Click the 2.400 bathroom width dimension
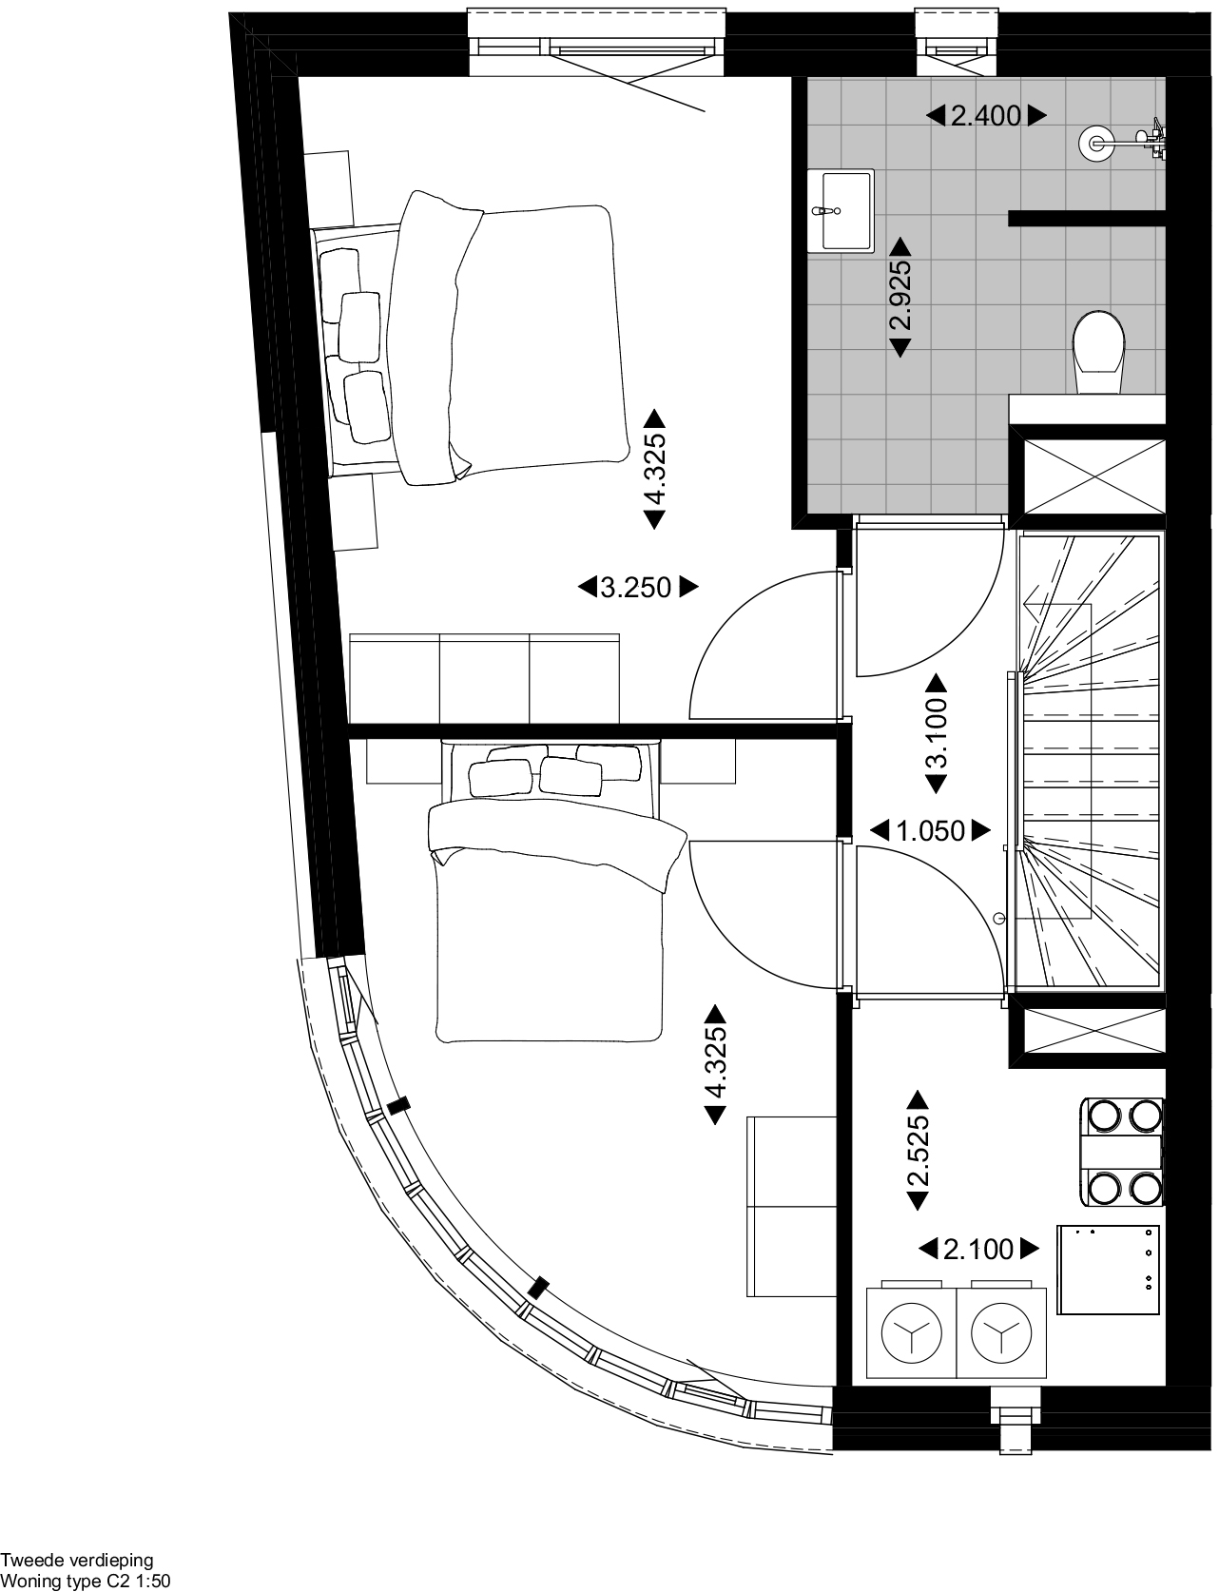986,116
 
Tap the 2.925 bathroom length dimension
900,296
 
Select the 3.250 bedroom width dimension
637,588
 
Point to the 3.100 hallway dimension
937,734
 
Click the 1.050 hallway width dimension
931,831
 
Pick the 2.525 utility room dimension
918,1151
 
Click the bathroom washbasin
841,211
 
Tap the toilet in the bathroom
1099,353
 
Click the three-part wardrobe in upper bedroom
485,679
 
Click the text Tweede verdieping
76,1561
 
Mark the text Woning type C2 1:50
86,1582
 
